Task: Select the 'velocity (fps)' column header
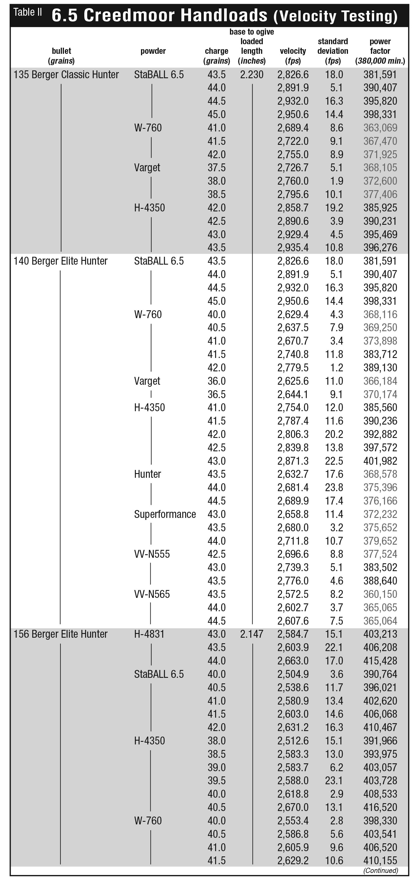[292, 56]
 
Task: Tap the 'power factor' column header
[380, 51]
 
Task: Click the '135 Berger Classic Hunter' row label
[66, 74]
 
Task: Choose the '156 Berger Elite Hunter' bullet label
[60, 634]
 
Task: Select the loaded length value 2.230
[252, 74]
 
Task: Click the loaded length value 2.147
[252, 634]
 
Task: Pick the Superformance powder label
[165, 514]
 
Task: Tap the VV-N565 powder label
[152, 594]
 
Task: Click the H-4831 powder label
[149, 634]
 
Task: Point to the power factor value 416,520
[380, 807]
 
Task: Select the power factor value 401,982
[380, 461]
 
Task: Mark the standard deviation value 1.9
[336, 181]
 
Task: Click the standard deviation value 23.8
[334, 487]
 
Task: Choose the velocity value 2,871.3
[293, 461]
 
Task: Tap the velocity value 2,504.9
[293, 674]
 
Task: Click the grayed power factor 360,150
[380, 594]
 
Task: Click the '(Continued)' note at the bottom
[381, 870]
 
